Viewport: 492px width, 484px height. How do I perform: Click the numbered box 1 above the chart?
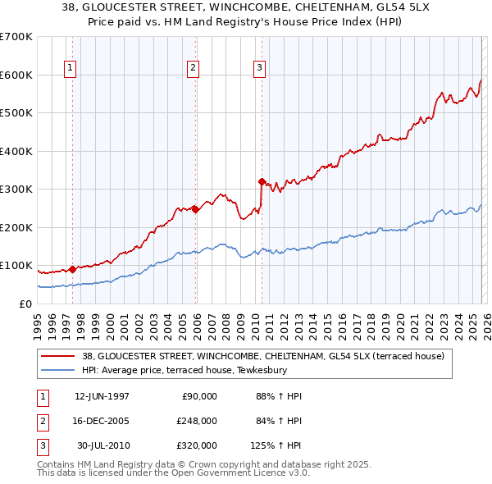(x=71, y=68)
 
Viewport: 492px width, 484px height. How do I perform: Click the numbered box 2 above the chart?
(x=193, y=68)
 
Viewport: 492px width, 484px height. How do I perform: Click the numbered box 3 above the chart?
(x=259, y=68)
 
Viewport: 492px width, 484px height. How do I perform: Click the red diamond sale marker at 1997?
(x=72, y=268)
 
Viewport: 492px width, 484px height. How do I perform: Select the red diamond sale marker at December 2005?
(x=195, y=208)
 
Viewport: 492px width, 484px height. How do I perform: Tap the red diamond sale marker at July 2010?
(x=262, y=181)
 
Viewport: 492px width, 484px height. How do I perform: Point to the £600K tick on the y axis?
(x=16, y=75)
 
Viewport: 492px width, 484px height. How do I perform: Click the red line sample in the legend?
(x=58, y=356)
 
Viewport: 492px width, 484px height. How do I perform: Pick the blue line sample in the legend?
(x=58, y=370)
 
